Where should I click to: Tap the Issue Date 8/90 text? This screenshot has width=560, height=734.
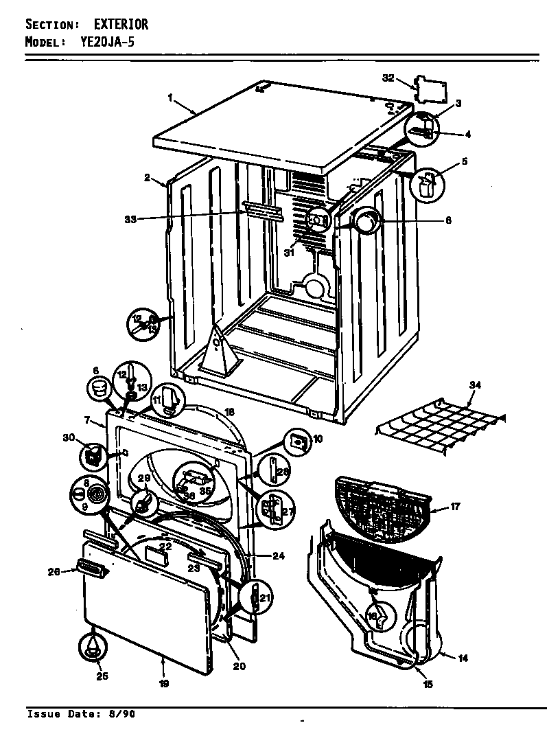tap(80, 714)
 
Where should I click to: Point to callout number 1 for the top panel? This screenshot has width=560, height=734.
tap(170, 98)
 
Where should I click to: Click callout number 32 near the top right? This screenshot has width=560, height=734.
tap(388, 78)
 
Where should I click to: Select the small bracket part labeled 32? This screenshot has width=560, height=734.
tap(430, 87)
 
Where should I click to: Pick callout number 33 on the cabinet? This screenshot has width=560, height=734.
tap(130, 219)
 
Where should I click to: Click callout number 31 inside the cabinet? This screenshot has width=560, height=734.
tap(290, 252)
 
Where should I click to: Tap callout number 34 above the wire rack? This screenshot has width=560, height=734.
tap(476, 385)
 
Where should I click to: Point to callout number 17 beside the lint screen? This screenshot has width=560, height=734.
tap(455, 507)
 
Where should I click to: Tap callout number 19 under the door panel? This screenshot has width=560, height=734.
tap(164, 683)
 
